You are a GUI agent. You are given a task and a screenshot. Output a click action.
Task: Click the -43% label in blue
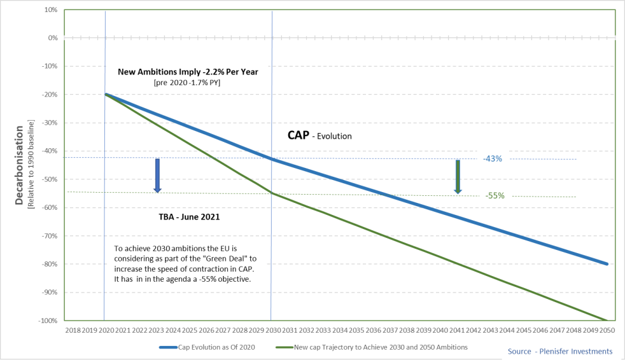[x=493, y=158]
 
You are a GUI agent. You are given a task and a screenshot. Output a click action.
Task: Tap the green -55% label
[x=495, y=196]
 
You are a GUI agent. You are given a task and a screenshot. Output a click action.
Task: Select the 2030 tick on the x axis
[x=272, y=331]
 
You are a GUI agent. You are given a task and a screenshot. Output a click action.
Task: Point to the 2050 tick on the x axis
[x=607, y=331]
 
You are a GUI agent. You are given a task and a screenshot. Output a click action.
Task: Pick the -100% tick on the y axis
[x=48, y=321]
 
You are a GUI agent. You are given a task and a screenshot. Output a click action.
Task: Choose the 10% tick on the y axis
[x=51, y=10]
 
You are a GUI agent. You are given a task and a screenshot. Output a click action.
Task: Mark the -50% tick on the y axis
[x=50, y=179]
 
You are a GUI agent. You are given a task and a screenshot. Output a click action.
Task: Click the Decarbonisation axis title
[x=20, y=165]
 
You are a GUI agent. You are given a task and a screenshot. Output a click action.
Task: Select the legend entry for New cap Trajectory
[x=372, y=347]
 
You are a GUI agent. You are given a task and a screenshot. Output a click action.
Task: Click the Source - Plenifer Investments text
[x=559, y=351]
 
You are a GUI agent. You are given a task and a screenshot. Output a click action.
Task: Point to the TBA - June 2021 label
[x=189, y=217]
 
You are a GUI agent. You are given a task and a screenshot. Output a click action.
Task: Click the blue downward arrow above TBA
[x=157, y=176]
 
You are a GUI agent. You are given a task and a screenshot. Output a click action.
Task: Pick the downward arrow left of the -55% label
[x=457, y=177]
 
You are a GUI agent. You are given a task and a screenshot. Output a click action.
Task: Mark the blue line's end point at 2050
[x=607, y=264]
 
